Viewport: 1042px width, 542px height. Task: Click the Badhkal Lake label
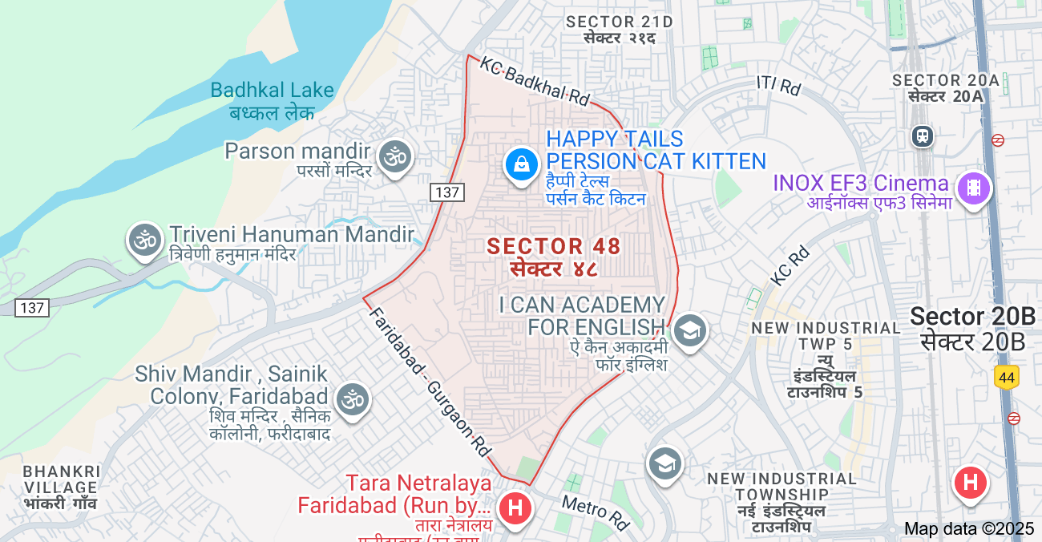coord(272,91)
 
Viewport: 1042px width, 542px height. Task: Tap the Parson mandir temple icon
coord(394,156)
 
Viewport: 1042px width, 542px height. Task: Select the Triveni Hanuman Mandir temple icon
coord(145,240)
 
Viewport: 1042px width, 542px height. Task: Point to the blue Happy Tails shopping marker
coord(522,165)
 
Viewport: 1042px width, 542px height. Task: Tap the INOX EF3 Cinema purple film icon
coord(974,188)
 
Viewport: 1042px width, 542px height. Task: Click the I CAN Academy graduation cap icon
coord(689,330)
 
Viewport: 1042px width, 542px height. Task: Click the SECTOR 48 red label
coord(554,246)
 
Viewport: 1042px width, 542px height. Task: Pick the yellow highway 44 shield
coord(1006,376)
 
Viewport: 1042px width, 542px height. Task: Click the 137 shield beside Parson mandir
coord(446,192)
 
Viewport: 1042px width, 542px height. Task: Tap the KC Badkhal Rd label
coord(535,83)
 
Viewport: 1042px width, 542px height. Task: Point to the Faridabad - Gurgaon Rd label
coord(429,382)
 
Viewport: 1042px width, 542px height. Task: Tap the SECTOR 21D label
coord(619,22)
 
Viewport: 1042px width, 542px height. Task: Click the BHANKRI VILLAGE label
coord(61,479)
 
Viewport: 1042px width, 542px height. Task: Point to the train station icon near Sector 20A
coord(923,135)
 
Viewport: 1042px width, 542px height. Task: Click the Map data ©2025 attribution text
coord(969,528)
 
